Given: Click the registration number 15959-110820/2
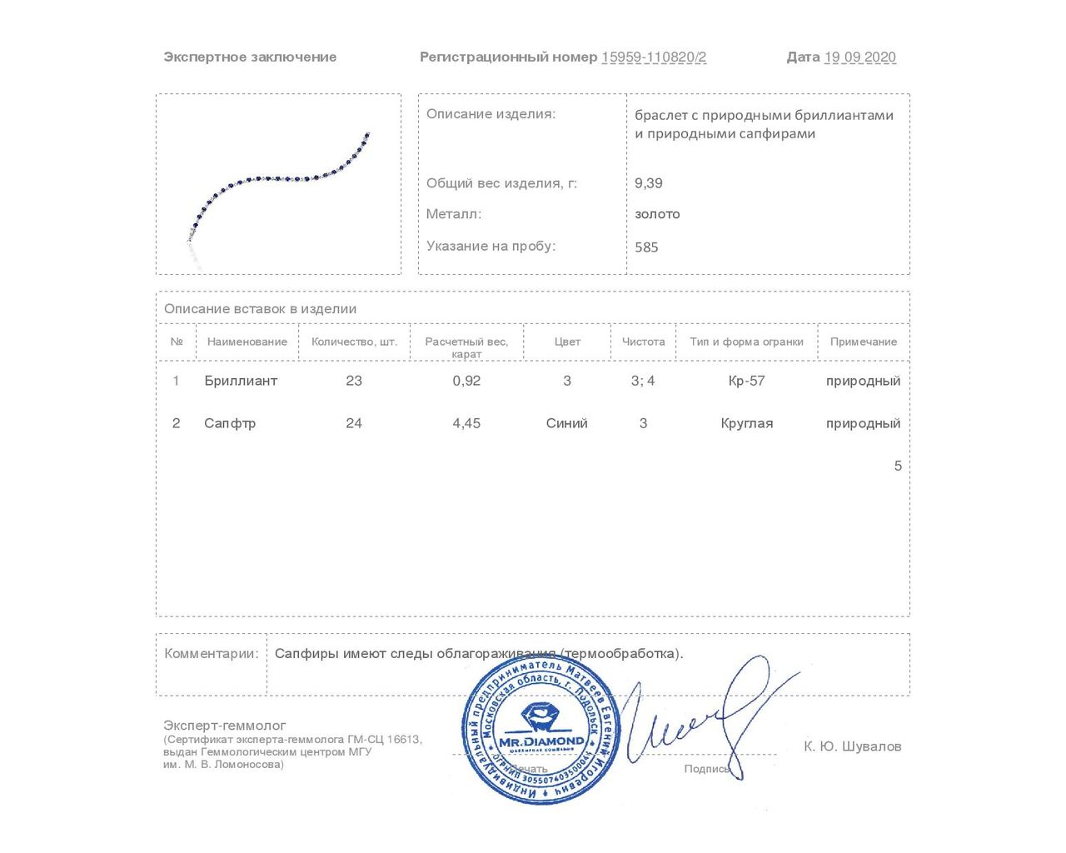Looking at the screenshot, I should tap(654, 57).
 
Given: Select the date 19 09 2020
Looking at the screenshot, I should tap(859, 57).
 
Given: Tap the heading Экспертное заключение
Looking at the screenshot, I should tap(250, 57).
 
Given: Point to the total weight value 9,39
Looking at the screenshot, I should tap(649, 183).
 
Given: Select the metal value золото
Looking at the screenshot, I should tap(657, 214).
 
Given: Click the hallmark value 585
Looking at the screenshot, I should tap(646, 247).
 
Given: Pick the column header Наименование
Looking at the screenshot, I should tap(247, 342).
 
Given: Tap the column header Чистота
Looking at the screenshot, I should tap(643, 342).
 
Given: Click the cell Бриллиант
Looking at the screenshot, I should tap(241, 381).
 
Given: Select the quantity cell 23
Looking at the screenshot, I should tap(354, 381).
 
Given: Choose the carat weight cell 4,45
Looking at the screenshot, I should tap(466, 423).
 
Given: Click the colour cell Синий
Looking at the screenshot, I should tap(566, 423).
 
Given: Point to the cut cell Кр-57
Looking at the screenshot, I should tap(746, 381).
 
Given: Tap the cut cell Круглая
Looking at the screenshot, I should tap(746, 423).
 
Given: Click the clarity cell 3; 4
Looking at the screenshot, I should tap(643, 381).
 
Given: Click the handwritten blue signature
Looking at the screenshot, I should tap(708, 716).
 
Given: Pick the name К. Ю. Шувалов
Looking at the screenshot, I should tap(852, 746).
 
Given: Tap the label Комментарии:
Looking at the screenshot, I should tap(212, 654).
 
